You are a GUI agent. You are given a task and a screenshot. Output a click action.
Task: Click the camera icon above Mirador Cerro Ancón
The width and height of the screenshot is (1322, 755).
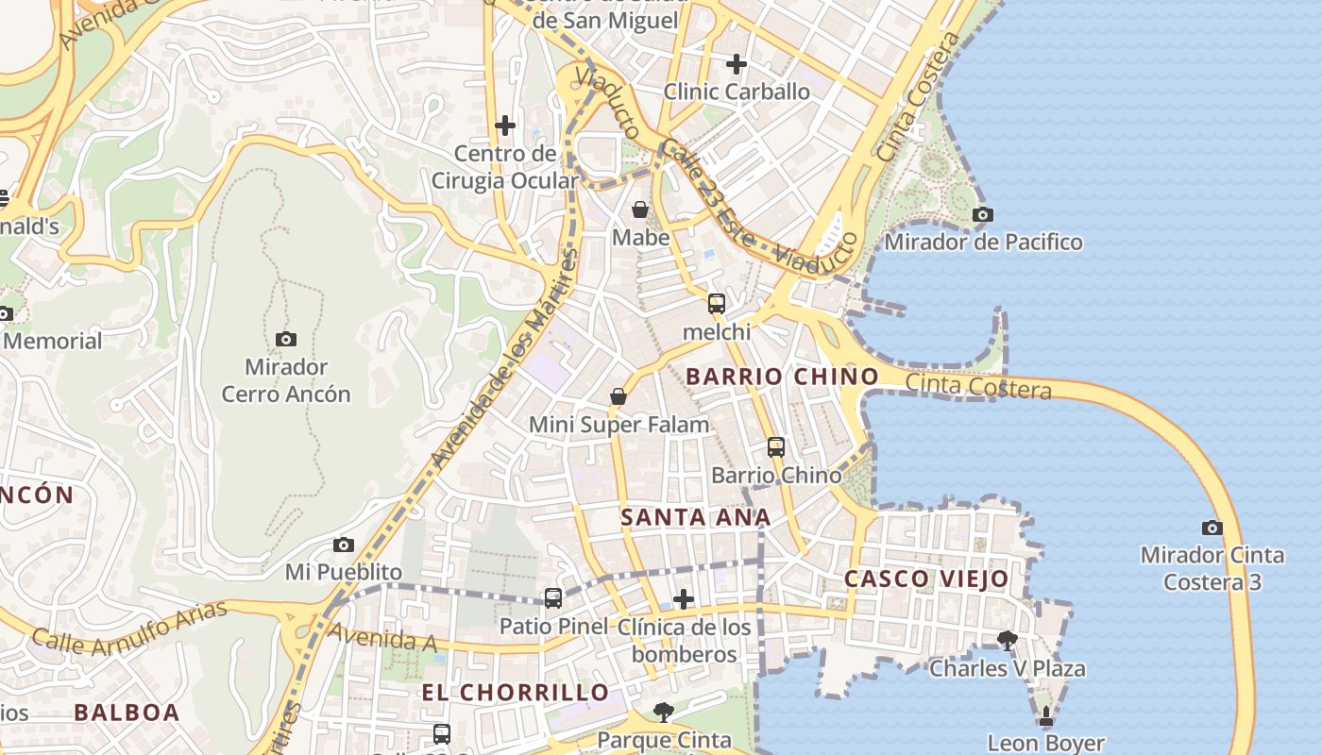[286, 339]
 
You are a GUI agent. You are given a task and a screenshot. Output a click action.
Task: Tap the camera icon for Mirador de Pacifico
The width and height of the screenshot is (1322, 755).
[983, 214]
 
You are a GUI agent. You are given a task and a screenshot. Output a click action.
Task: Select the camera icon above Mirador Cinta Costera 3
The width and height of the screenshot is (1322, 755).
[1212, 528]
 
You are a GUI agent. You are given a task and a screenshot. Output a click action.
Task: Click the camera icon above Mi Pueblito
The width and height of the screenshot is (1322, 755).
[344, 545]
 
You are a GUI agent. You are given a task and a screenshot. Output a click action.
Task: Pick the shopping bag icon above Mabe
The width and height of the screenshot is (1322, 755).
[640, 210]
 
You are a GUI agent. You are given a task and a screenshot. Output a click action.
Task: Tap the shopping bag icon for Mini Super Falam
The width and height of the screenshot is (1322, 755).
[619, 396]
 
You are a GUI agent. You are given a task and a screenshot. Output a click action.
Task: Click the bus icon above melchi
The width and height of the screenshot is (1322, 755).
[717, 304]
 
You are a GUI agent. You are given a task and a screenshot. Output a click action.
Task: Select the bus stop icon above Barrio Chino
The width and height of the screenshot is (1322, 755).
[776, 447]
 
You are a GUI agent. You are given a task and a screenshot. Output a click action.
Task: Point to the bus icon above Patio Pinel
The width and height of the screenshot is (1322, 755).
[553, 597]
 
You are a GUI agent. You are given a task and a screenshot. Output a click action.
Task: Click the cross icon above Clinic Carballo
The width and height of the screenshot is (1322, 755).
[737, 64]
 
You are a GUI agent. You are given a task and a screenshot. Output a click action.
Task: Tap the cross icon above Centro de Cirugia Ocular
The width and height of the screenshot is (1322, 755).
[505, 125]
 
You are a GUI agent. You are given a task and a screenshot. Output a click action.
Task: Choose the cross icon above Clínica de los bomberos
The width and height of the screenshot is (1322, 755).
[684, 599]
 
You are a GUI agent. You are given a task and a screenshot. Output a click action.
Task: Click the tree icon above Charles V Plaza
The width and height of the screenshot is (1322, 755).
[1008, 641]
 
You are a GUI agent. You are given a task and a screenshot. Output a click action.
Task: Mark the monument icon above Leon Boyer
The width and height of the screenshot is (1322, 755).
[1046, 716]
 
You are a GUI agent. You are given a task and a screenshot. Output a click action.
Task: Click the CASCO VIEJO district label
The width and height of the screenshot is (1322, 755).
[926, 579]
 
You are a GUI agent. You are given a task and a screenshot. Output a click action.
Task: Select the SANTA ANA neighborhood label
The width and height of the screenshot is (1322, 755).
[696, 517]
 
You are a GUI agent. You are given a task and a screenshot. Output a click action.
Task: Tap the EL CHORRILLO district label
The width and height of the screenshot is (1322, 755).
[516, 692]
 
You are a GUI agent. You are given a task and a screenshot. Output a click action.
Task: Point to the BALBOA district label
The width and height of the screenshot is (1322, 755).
[127, 713]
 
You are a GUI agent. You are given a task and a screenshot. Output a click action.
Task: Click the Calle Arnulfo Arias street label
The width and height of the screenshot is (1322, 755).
[130, 627]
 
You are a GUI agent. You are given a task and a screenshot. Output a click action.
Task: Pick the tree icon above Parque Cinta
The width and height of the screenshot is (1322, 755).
[664, 712]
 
